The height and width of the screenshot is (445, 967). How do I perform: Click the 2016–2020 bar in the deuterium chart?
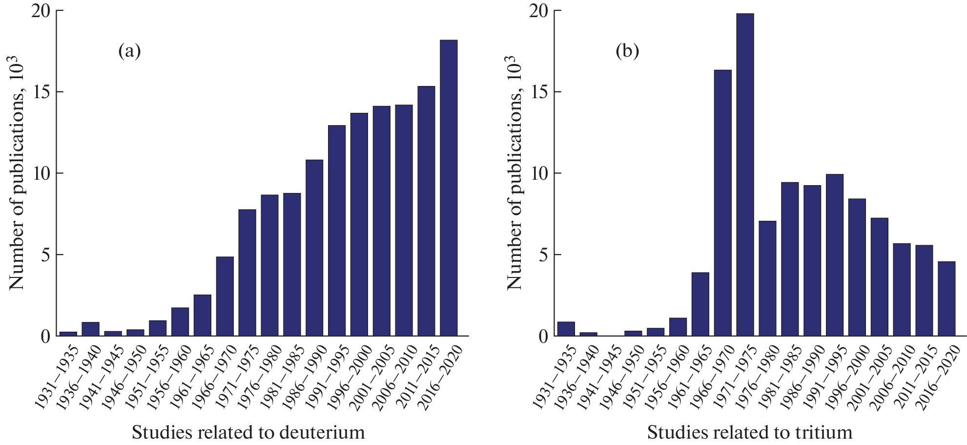pyautogui.click(x=449, y=188)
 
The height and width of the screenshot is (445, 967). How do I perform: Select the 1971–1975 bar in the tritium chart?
pyautogui.click(x=745, y=175)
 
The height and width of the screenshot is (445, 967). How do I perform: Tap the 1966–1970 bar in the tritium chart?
pyautogui.click(x=722, y=203)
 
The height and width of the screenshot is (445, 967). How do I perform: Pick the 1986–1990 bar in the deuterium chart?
pyautogui.click(x=314, y=248)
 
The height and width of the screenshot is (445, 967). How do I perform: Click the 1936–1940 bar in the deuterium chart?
pyautogui.click(x=91, y=329)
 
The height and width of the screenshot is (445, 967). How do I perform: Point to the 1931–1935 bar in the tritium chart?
pyautogui.click(x=566, y=329)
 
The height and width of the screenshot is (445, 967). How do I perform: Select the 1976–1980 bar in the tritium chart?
pyautogui.click(x=767, y=278)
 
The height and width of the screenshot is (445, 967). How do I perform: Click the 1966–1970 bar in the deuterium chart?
pyautogui.click(x=225, y=296)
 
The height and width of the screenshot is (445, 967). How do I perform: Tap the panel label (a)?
pyautogui.click(x=129, y=51)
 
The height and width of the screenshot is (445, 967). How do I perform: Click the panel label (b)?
pyautogui.click(x=627, y=51)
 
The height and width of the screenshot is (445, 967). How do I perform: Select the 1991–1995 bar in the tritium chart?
pyautogui.click(x=834, y=255)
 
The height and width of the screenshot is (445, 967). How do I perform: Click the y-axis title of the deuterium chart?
pyautogui.click(x=17, y=173)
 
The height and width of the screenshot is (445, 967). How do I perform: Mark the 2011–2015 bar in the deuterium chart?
pyautogui.click(x=426, y=211)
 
